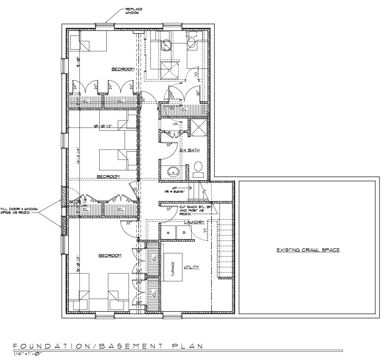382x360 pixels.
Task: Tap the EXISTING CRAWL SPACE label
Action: (x=308, y=250)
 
